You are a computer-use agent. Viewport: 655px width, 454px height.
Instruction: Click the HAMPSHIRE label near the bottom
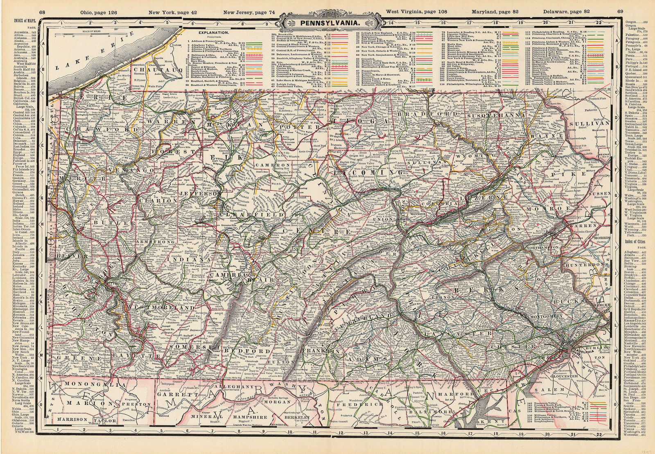pyautogui.click(x=246, y=416)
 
